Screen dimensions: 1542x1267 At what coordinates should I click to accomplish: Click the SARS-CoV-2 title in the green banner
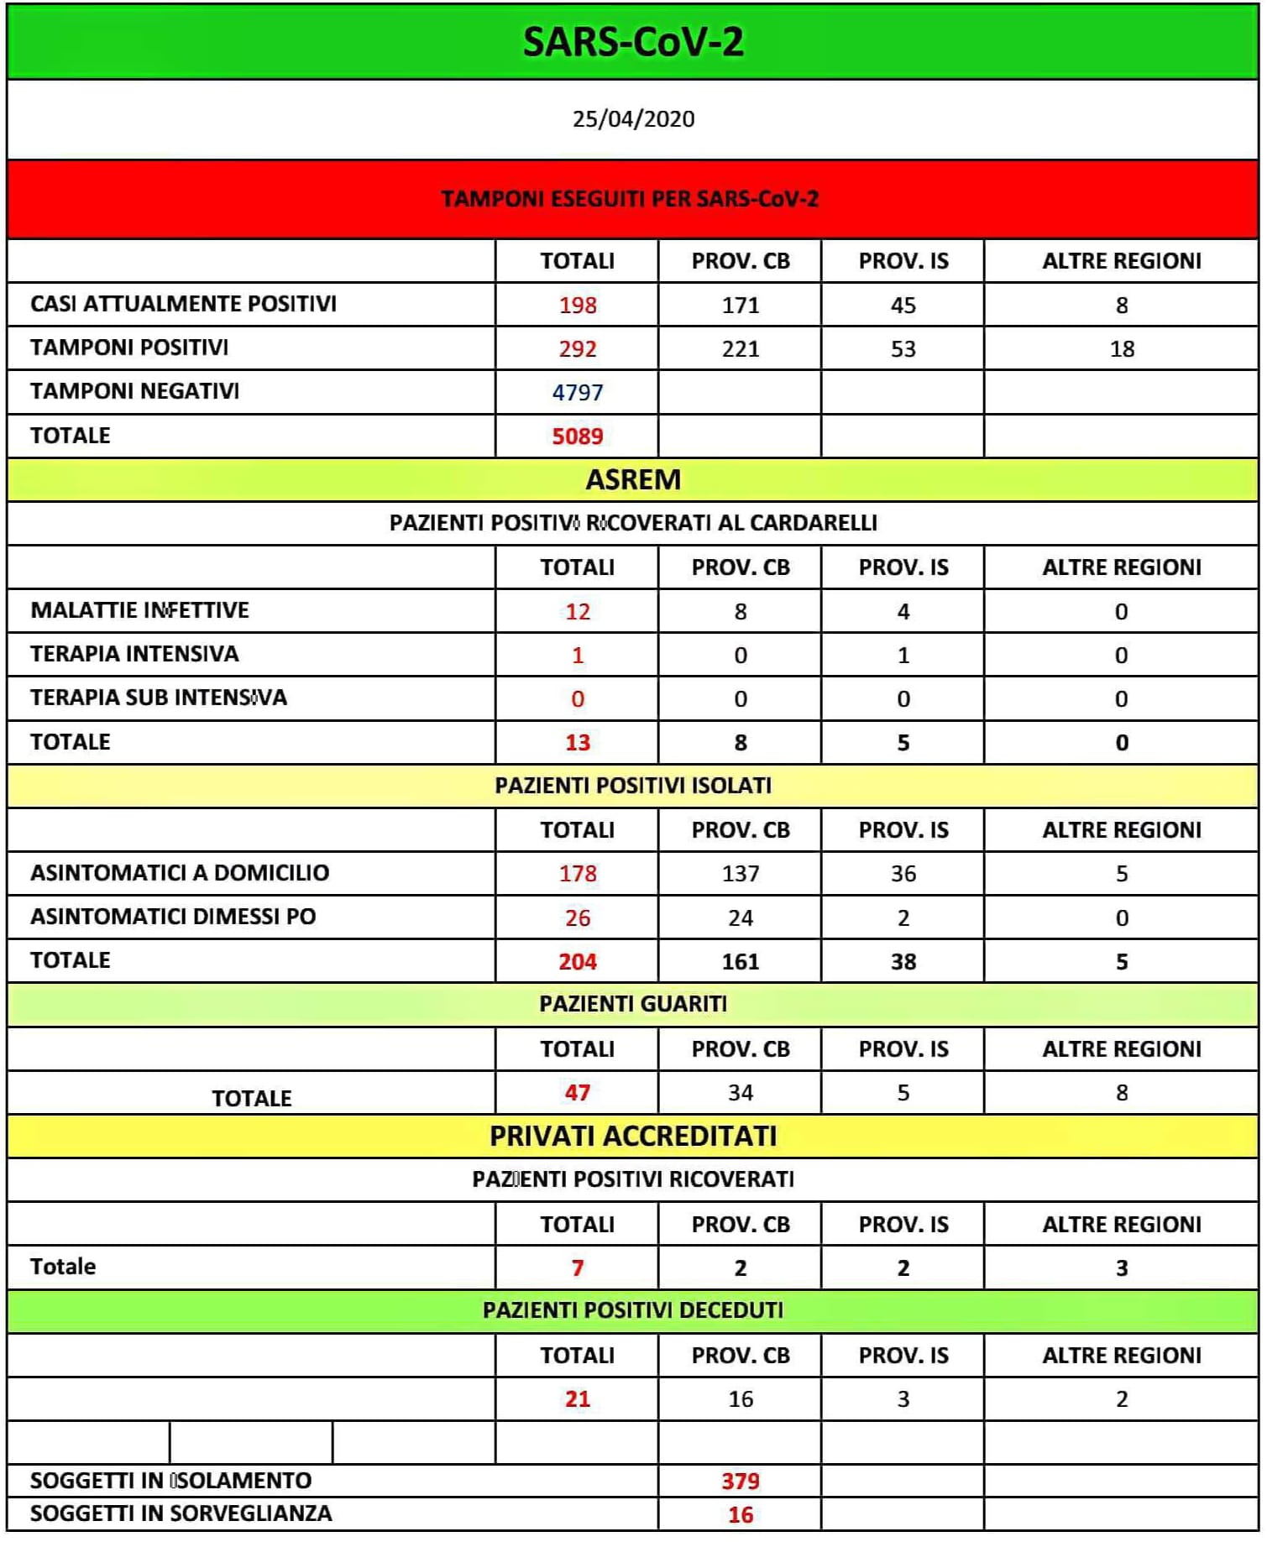click(x=633, y=42)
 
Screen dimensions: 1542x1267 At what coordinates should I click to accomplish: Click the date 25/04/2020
click(x=633, y=119)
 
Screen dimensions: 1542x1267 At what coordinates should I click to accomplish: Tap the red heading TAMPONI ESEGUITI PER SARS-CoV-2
click(x=630, y=199)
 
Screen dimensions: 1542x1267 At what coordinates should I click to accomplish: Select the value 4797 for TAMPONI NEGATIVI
click(x=577, y=392)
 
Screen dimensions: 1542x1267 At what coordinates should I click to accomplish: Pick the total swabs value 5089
click(x=577, y=436)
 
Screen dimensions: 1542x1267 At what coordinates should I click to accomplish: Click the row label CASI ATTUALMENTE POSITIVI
click(x=183, y=304)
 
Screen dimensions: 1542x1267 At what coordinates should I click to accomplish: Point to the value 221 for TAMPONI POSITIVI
click(x=740, y=348)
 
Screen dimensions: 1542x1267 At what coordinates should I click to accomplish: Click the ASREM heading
click(x=633, y=479)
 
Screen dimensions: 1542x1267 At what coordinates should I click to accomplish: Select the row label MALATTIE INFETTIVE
click(x=139, y=610)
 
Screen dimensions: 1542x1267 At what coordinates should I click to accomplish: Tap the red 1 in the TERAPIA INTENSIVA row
click(x=577, y=655)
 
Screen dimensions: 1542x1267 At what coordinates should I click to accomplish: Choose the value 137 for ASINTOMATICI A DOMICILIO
click(x=740, y=874)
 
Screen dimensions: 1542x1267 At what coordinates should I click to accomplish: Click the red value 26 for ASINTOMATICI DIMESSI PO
click(x=577, y=917)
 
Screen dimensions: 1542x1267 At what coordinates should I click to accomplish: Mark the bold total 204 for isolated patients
click(x=577, y=961)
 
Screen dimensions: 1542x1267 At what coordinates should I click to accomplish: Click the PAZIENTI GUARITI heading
click(x=633, y=1004)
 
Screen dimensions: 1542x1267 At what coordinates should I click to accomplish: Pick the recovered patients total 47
click(x=577, y=1092)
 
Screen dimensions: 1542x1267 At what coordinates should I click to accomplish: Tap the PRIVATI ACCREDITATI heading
click(x=633, y=1136)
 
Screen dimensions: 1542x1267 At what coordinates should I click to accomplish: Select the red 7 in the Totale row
click(x=577, y=1268)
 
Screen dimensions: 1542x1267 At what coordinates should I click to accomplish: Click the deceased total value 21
click(x=577, y=1398)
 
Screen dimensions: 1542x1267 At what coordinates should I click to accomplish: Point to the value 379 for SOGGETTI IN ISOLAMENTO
click(x=740, y=1481)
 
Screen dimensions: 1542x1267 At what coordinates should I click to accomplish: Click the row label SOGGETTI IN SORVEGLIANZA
click(x=181, y=1513)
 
